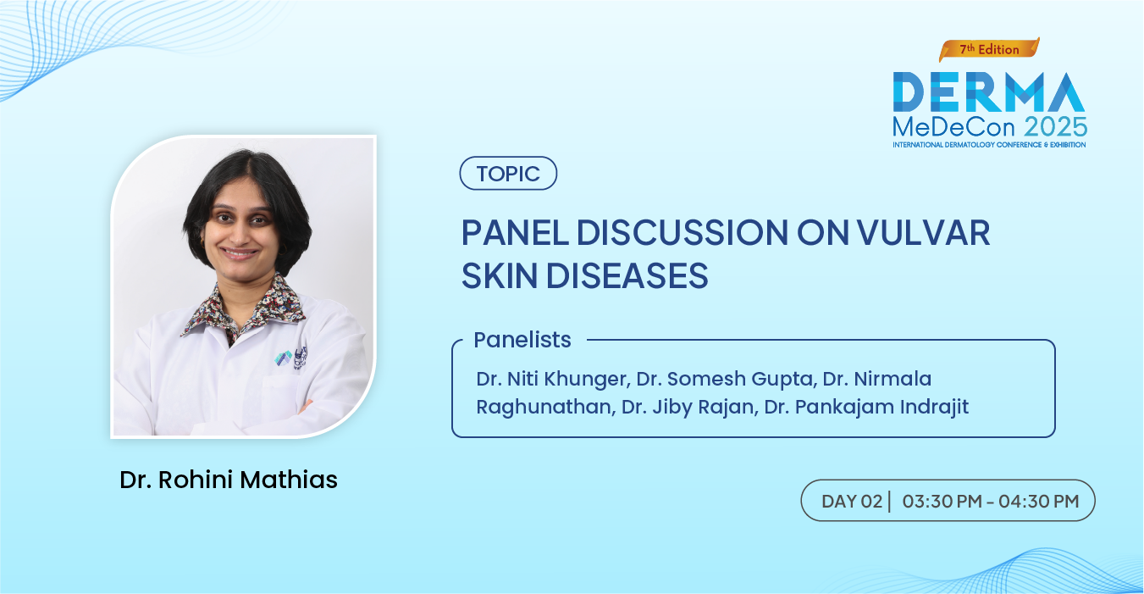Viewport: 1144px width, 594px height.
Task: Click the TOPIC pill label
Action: [x=508, y=174]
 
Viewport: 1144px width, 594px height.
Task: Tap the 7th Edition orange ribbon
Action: [x=989, y=50]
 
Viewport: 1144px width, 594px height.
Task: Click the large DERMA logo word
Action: [x=989, y=92]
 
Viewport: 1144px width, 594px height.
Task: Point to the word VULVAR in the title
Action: [x=923, y=232]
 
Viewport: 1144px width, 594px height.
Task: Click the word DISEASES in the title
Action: [x=627, y=275]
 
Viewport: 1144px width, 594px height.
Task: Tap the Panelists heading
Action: [x=522, y=340]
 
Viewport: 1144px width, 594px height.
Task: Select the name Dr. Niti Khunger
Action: [x=551, y=380]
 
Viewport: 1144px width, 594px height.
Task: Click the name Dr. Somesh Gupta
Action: [x=725, y=380]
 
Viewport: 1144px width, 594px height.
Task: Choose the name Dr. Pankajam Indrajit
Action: [x=866, y=407]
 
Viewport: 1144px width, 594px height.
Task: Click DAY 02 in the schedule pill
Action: [x=852, y=501]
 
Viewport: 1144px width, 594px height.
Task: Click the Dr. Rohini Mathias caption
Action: [x=229, y=480]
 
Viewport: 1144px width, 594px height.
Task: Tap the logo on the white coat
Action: [x=291, y=357]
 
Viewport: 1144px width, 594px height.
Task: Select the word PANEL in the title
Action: [x=515, y=232]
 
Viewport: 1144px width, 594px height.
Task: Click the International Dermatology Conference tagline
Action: [x=989, y=145]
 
